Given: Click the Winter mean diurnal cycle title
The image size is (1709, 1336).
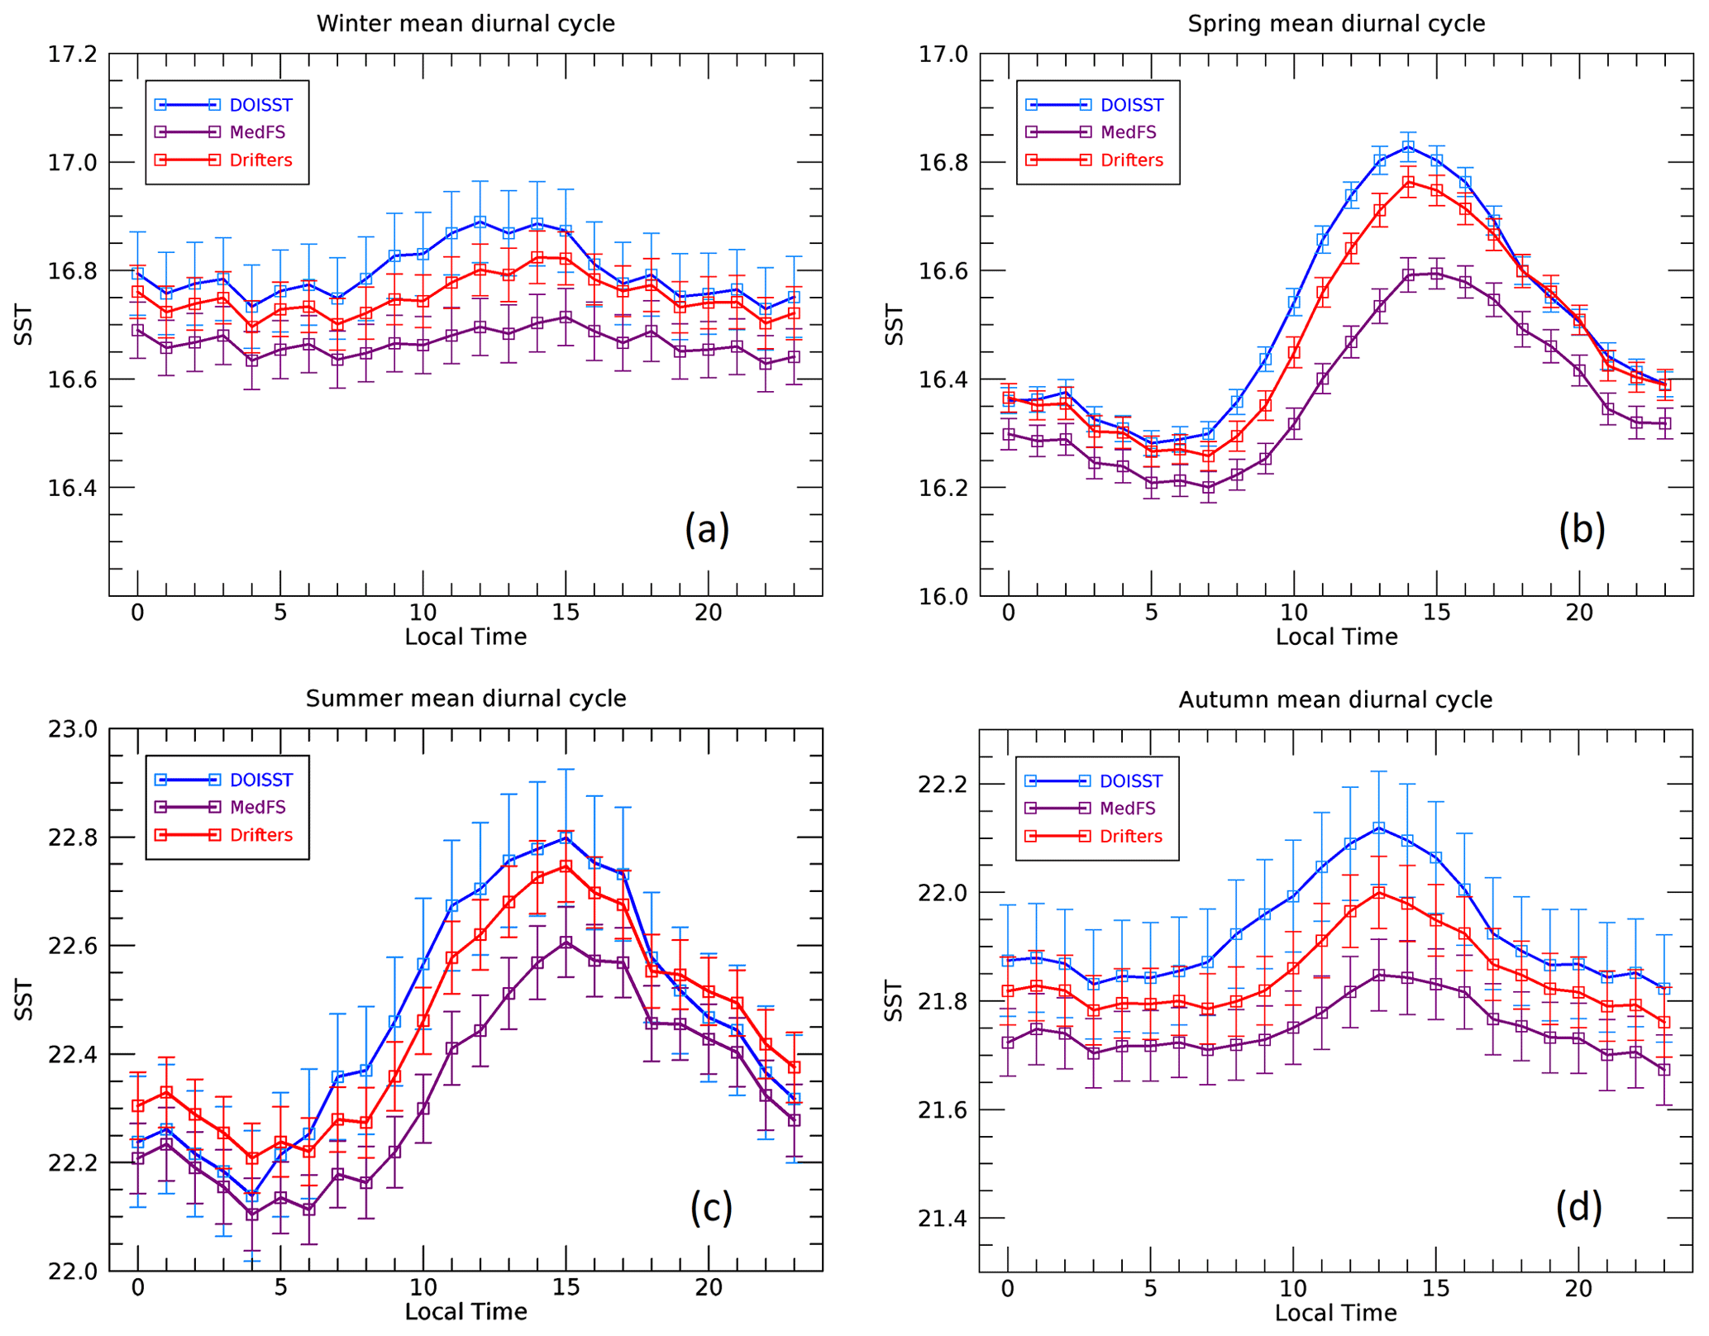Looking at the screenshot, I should click(465, 24).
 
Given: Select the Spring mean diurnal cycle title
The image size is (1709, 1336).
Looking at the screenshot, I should click(1336, 24).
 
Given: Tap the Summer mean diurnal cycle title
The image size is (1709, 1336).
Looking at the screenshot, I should click(465, 699).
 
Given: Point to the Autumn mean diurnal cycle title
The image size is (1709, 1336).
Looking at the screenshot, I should click(1335, 700).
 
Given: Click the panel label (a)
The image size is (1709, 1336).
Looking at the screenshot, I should click(707, 529).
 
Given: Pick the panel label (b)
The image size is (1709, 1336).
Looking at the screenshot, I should click(1582, 529).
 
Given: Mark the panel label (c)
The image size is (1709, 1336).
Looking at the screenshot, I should click(711, 1208).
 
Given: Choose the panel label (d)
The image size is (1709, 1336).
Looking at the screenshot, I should click(1578, 1208).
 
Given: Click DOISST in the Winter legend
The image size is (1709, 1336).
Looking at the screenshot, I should click(261, 105).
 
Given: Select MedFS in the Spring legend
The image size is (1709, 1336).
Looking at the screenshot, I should click(1129, 132).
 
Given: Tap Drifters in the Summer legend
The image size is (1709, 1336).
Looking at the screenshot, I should click(261, 835).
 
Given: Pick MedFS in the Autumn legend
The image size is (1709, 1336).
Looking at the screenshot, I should click(1128, 809).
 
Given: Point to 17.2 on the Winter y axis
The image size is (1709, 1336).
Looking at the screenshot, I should click(72, 55).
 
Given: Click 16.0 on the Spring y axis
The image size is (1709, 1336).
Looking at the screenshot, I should click(942, 597).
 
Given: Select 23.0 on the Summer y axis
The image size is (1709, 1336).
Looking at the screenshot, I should click(72, 729).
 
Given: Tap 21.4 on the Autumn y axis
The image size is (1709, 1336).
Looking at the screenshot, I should click(942, 1219).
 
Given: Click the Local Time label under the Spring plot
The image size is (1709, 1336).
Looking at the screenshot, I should click(1336, 637).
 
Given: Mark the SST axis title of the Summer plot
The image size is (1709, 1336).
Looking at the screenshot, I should click(25, 1000).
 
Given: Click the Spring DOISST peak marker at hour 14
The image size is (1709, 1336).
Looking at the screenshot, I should click(1408, 147).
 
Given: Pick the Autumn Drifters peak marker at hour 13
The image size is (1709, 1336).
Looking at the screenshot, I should click(1379, 893).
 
